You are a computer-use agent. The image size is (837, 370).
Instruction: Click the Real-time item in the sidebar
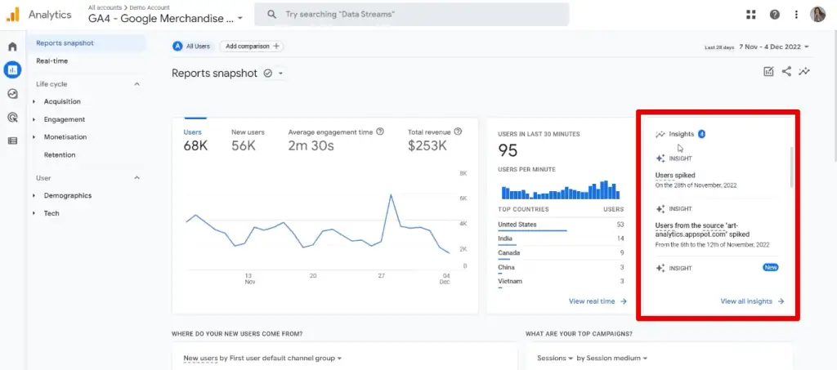point(51,60)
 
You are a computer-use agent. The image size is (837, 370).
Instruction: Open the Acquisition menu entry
point(62,101)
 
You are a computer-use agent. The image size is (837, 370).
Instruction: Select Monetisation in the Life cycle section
point(65,137)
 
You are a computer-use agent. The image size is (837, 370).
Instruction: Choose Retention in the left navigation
point(60,154)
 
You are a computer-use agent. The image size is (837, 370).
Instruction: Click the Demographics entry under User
point(68,195)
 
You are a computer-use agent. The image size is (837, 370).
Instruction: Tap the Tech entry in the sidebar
point(51,213)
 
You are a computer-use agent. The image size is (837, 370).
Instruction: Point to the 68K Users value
point(195,146)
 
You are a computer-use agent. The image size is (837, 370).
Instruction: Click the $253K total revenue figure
point(427,146)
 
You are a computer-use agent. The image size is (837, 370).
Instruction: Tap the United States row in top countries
point(517,224)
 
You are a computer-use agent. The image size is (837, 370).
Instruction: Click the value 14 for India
point(620,238)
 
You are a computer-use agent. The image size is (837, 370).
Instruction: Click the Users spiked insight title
point(675,175)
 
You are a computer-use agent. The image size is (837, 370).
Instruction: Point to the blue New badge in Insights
point(769,267)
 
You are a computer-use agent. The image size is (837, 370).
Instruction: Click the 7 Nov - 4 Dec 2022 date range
point(774,47)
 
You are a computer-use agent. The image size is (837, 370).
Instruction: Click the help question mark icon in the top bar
point(774,15)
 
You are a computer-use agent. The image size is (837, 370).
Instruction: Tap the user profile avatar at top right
point(817,15)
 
